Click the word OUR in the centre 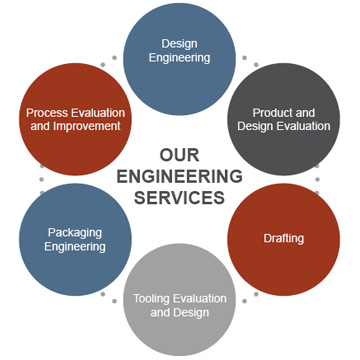point(179,155)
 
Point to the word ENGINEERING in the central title point(180,176)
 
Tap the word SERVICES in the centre point(180,197)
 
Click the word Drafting point(283,239)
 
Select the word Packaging point(75,233)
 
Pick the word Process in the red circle point(47,113)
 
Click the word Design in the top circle point(179,43)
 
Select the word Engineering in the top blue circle point(179,58)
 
